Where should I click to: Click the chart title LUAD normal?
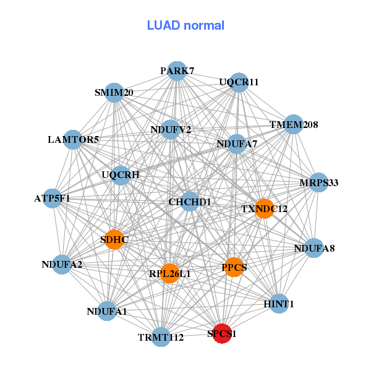coord(185,25)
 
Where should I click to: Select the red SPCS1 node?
coord(222,333)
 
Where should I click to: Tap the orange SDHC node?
coord(114,239)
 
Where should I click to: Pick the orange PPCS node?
coord(234,267)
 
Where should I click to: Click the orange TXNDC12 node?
coord(264,208)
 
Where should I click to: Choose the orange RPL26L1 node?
coord(169,273)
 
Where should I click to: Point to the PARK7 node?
coord(177,70)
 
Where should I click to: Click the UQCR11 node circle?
coord(239,82)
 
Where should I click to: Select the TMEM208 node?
coord(293,125)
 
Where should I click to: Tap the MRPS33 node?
coord(318,182)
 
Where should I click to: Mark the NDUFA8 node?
coord(314,249)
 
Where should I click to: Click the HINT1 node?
coord(279,304)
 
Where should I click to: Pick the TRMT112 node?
coord(161,337)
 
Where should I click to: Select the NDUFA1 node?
coord(107,311)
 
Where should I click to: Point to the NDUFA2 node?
coord(62,265)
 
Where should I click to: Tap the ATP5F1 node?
coord(53,198)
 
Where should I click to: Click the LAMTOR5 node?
coord(73,140)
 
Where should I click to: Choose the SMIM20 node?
coord(114,93)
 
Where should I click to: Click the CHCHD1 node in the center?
coord(190,202)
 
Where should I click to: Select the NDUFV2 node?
coord(171,129)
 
